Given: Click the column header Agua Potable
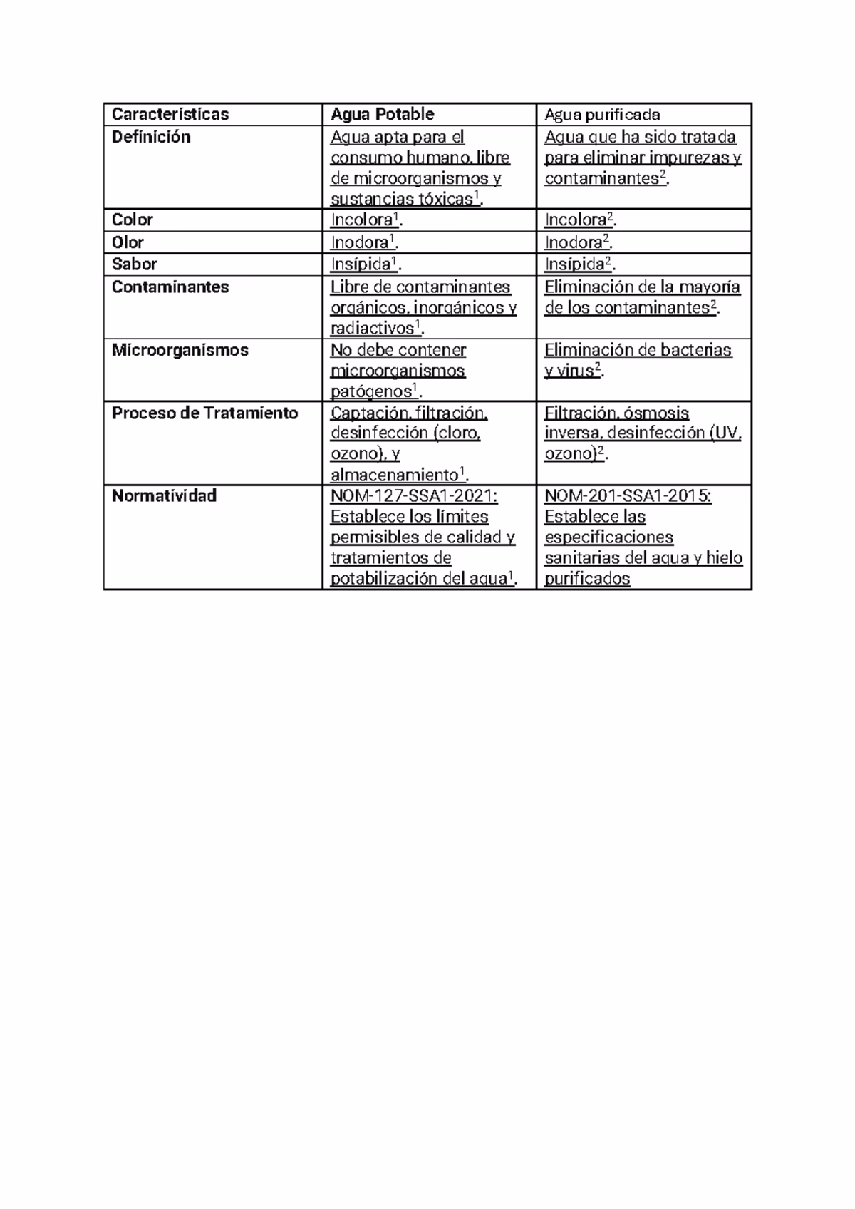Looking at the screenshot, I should (x=382, y=114).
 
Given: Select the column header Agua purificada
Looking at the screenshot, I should (x=602, y=114).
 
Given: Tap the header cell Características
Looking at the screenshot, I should (x=170, y=114).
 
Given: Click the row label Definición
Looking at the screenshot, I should (x=151, y=137).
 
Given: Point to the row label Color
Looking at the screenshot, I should (x=133, y=220).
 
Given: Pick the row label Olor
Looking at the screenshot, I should (x=128, y=242).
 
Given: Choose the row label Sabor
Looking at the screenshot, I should (x=134, y=264).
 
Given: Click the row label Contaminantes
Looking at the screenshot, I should (x=170, y=287).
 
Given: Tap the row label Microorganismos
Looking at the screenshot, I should (x=180, y=350).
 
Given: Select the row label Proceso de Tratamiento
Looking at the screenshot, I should (x=204, y=413).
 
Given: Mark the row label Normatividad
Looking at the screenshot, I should (x=164, y=496).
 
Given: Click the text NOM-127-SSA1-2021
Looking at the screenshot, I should (x=413, y=496).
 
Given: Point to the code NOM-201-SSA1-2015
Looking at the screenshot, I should (x=627, y=496).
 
